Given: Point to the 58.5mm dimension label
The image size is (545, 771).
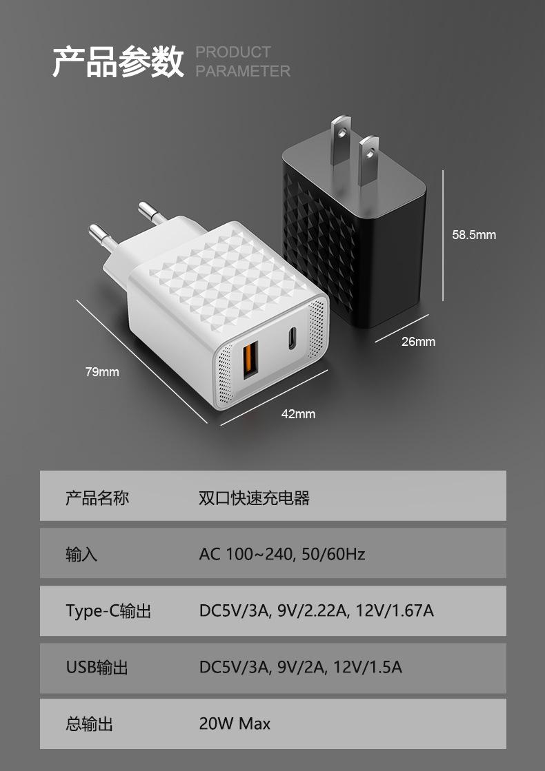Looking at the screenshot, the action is tap(474, 235).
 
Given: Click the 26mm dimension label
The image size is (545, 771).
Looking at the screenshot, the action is tap(419, 342).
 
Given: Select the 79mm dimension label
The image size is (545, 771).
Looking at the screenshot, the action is tap(102, 372).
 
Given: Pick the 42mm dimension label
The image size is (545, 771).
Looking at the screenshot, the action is tap(298, 414).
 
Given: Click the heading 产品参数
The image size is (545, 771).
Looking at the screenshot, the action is tap(119, 62).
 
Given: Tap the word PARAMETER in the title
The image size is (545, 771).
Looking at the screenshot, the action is tap(243, 71).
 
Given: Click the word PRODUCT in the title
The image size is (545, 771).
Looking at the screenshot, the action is tap(233, 52).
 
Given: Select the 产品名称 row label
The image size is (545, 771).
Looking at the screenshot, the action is tap(97, 497).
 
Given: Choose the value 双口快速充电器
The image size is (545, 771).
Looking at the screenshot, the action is tap(254, 497).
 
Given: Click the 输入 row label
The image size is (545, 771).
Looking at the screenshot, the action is tap(81, 554).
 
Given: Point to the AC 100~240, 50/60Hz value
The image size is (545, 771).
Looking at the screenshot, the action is tap(281, 554).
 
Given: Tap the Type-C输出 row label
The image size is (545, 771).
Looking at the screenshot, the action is tap(108, 610).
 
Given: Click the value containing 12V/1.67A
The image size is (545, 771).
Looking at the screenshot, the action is tap(317, 610).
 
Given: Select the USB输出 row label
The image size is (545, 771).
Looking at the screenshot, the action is tap(97, 667).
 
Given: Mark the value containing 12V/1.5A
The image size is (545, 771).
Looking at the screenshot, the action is tap(300, 667).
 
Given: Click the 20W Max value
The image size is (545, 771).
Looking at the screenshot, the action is tap(235, 723).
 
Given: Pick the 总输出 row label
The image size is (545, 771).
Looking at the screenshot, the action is tap(90, 723).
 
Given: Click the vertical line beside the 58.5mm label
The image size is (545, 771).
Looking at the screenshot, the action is tap(442, 234).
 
